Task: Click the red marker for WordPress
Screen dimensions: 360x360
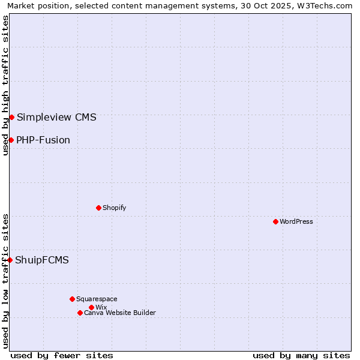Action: coord(275,221)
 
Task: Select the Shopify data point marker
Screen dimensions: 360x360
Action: coord(98,208)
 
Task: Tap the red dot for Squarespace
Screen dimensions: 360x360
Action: coord(72,299)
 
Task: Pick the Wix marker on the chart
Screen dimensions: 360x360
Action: coord(91,307)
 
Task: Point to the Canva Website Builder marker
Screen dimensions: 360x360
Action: coord(80,313)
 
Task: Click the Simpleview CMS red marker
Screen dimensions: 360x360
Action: coord(11,117)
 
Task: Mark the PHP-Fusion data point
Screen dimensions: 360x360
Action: coord(11,140)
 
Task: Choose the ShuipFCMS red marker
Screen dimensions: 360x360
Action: coord(10,260)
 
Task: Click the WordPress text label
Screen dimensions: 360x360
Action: coord(296,221)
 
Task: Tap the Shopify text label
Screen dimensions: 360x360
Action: coord(114,208)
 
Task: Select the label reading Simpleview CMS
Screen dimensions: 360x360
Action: coord(56,117)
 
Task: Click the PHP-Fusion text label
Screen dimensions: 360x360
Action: coord(43,140)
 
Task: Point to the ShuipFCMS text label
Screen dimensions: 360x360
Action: coord(42,260)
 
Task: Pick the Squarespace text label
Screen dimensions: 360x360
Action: coord(97,299)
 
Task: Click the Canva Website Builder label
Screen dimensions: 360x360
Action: coord(120,313)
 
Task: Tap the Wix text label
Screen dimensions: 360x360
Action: coord(101,307)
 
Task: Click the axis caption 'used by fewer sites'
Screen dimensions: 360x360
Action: coord(62,355)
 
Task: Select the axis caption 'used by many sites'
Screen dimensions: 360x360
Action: coord(301,355)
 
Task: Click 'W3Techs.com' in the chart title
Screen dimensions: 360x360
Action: coord(327,5)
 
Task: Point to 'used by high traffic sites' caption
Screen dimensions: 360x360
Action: coord(5,85)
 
